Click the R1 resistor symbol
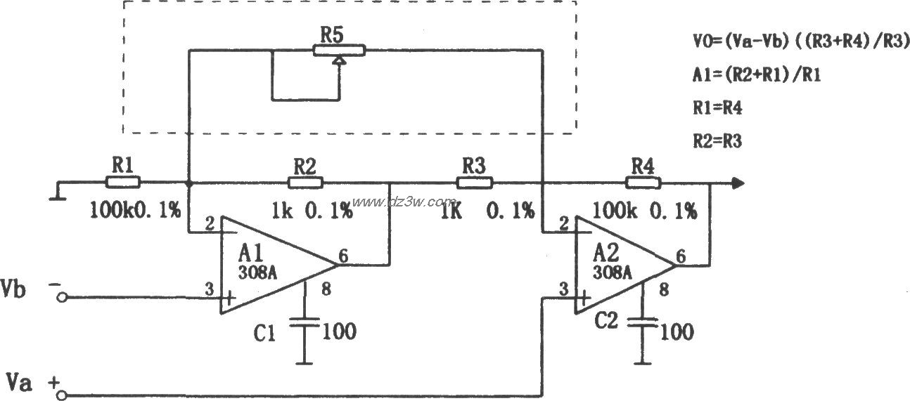coord(123,183)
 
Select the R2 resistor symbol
coord(305,183)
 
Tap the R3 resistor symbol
coord(475,183)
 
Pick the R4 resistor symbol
coord(643,183)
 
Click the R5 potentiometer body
coord(339,50)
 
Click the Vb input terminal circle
coord(62,298)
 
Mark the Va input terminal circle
coord(62,394)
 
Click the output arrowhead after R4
coord(737,183)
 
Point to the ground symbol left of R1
coord(56,192)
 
